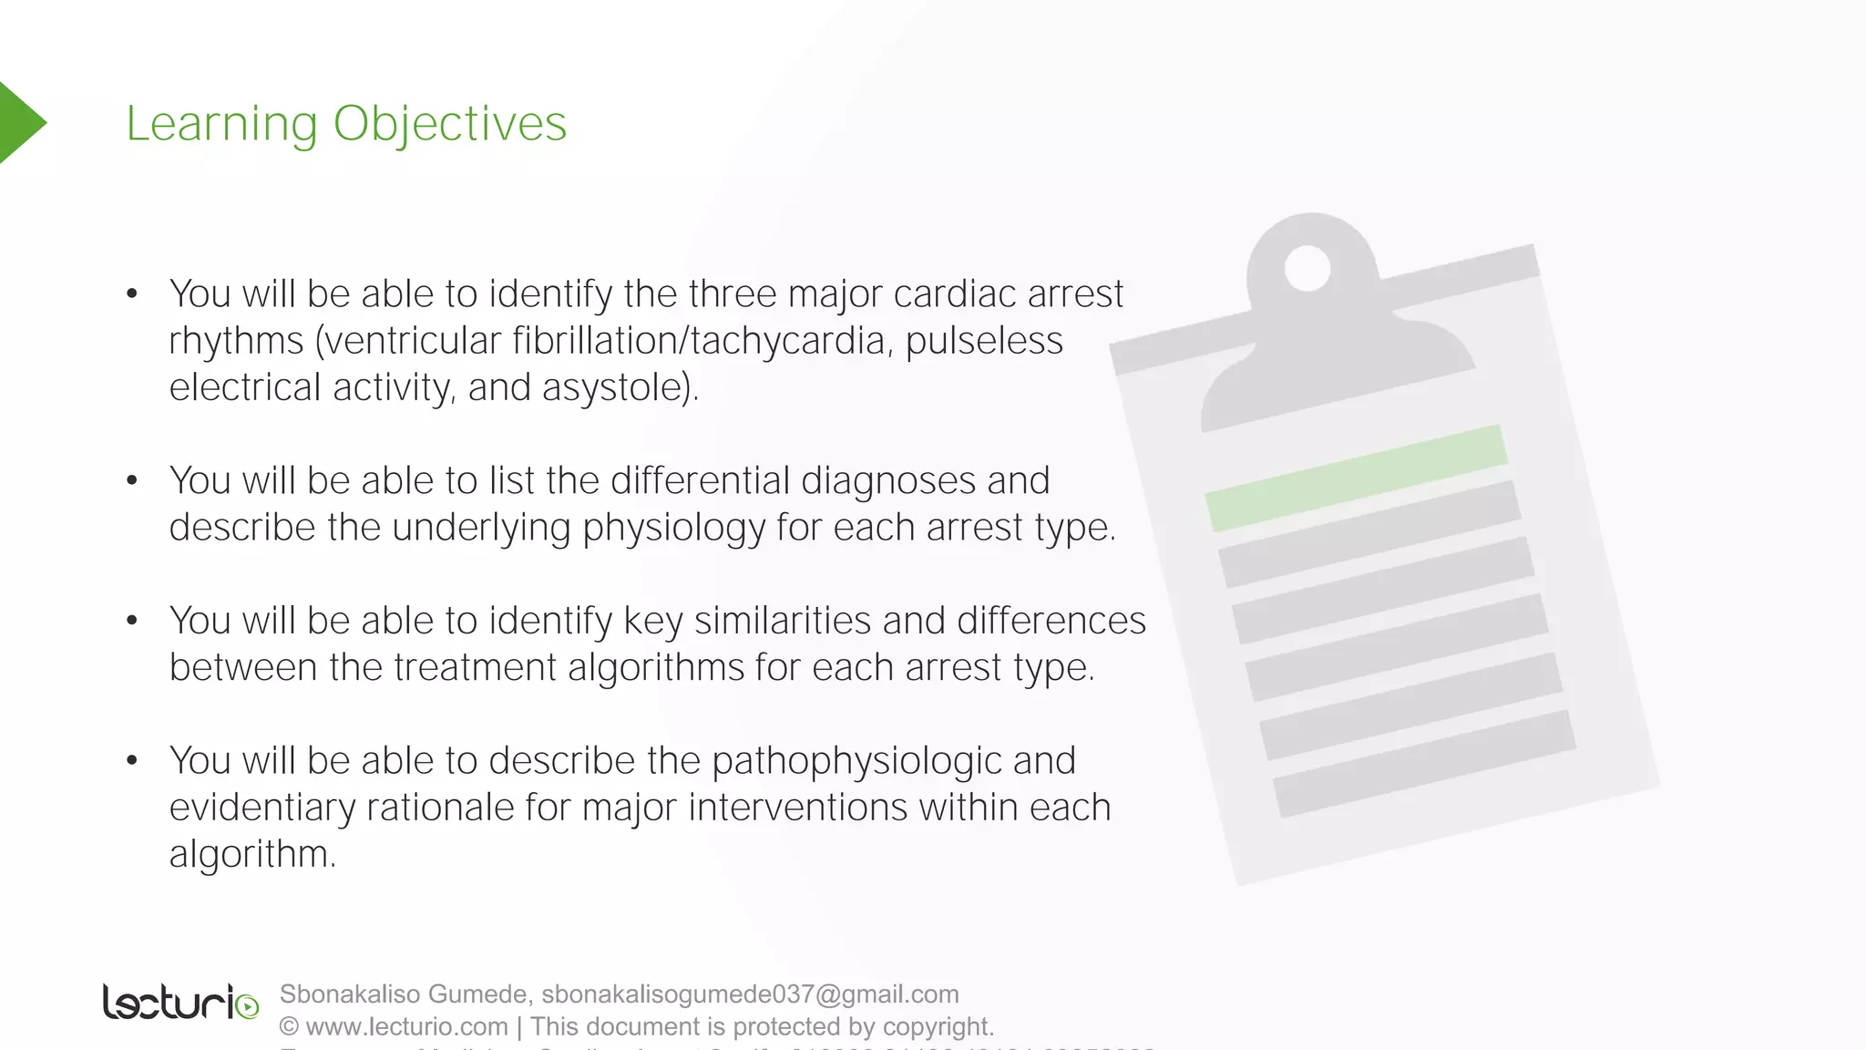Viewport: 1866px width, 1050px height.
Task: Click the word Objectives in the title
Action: [449, 124]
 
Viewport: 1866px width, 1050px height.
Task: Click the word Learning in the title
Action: [221, 124]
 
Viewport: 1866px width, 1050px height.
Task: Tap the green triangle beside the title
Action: [20, 122]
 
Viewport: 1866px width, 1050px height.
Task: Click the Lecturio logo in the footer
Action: [180, 1003]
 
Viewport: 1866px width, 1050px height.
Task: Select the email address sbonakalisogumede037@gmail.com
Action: [750, 993]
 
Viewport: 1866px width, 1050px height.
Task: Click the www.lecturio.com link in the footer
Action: [406, 1026]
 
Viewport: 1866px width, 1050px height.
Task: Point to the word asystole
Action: [619, 387]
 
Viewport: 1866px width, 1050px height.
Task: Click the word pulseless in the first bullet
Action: [984, 341]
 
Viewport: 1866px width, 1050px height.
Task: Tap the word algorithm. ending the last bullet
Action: [252, 855]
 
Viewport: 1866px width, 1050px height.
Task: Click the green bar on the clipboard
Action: [1356, 478]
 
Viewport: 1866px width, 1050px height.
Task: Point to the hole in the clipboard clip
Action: [1307, 269]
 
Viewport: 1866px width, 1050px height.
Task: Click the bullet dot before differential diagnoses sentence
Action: [132, 480]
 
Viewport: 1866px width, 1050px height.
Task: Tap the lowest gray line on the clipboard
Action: [1424, 764]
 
